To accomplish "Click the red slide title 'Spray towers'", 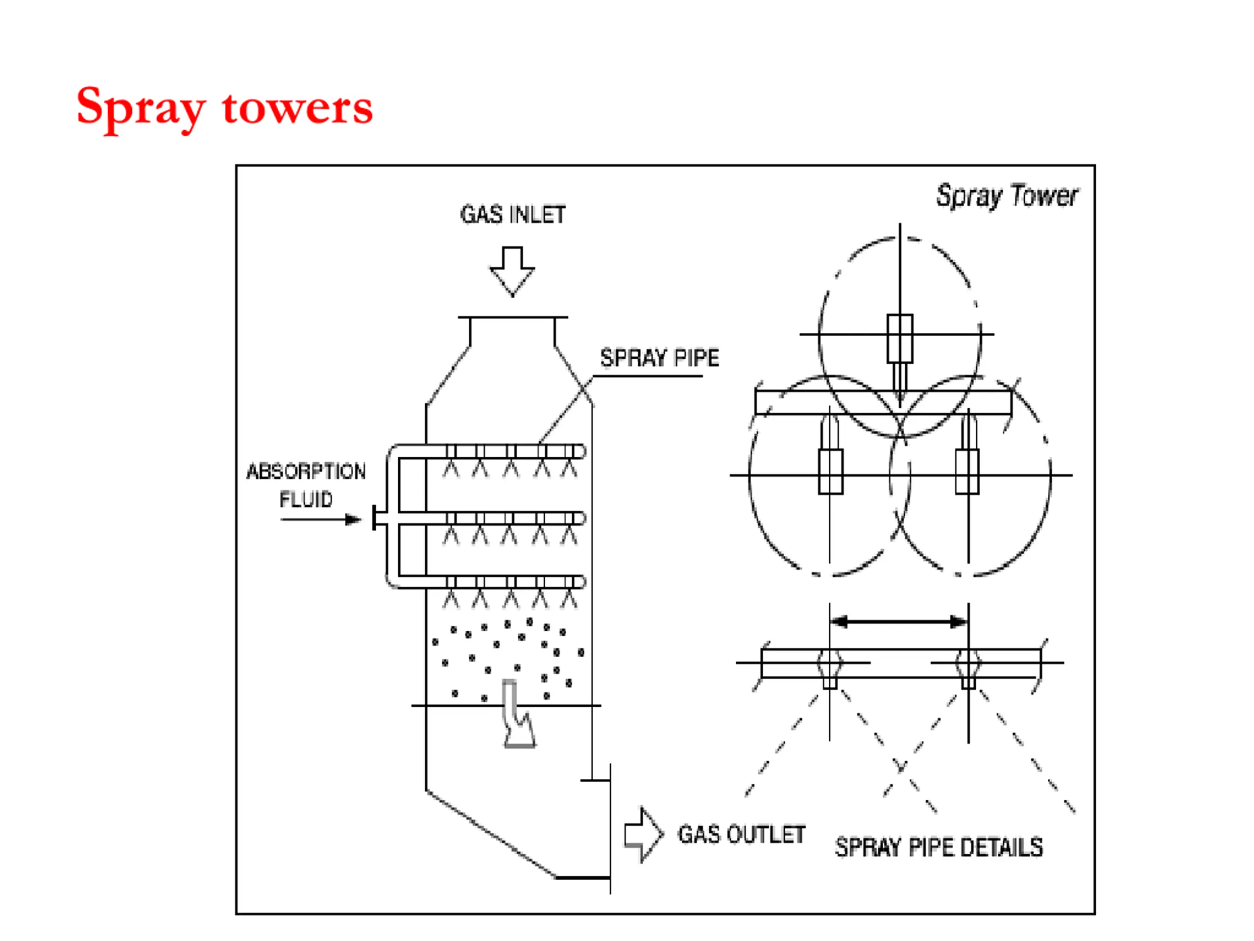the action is click(224, 108).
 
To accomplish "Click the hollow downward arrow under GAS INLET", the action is click(512, 272).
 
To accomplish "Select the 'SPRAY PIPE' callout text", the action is click(659, 357).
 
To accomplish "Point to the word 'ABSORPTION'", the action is click(306, 471).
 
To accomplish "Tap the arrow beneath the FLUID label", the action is click(321, 519).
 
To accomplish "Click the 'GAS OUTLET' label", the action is click(742, 834).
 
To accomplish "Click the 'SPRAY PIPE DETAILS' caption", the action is click(939, 847).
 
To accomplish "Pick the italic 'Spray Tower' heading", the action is click(1007, 196).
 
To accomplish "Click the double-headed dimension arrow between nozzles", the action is click(899, 621).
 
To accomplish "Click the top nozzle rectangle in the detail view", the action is click(900, 338).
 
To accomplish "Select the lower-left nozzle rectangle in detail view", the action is click(830, 471).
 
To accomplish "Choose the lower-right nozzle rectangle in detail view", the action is click(967, 471).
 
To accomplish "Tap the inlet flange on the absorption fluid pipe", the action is click(374, 518).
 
